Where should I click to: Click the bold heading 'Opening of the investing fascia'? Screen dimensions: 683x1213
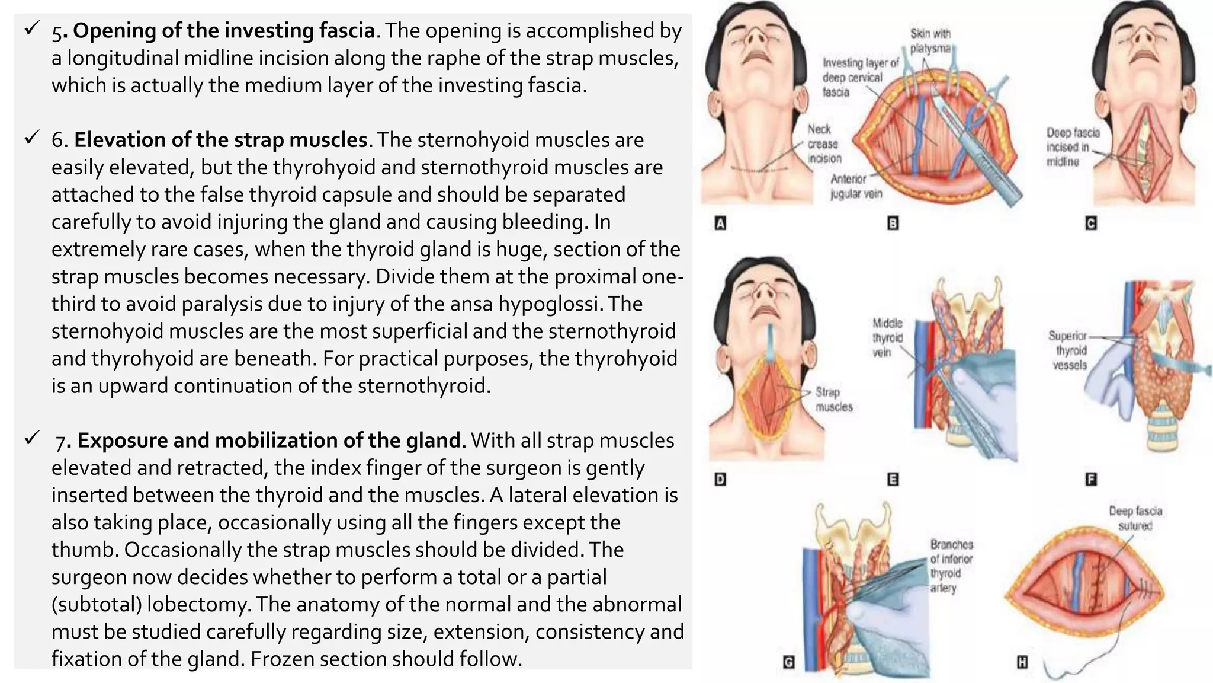click(x=224, y=31)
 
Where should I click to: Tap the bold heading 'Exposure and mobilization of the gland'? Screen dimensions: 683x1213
click(x=268, y=441)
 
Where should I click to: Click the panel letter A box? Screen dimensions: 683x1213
click(x=721, y=224)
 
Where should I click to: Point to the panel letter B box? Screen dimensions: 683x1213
click(x=893, y=224)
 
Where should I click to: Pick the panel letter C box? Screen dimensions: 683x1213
click(x=1090, y=224)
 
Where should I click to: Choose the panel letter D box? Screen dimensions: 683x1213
click(x=720, y=479)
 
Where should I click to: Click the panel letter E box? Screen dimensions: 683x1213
click(x=893, y=479)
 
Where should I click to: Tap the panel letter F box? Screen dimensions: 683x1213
click(x=1090, y=479)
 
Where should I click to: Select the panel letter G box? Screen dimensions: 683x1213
click(x=788, y=662)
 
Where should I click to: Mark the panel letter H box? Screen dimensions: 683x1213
click(x=1022, y=662)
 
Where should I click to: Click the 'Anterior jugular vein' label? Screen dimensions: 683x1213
click(x=856, y=186)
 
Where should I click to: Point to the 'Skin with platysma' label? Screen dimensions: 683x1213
click(x=930, y=41)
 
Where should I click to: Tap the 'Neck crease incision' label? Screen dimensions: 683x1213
click(x=823, y=144)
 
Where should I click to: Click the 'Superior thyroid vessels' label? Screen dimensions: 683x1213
click(x=1068, y=350)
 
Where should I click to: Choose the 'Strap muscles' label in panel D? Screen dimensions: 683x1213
click(x=833, y=400)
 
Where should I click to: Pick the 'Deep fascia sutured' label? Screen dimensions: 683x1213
click(x=1135, y=518)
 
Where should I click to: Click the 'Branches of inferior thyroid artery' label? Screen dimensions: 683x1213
click(x=951, y=566)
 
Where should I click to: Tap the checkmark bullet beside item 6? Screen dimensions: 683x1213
click(x=31, y=139)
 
